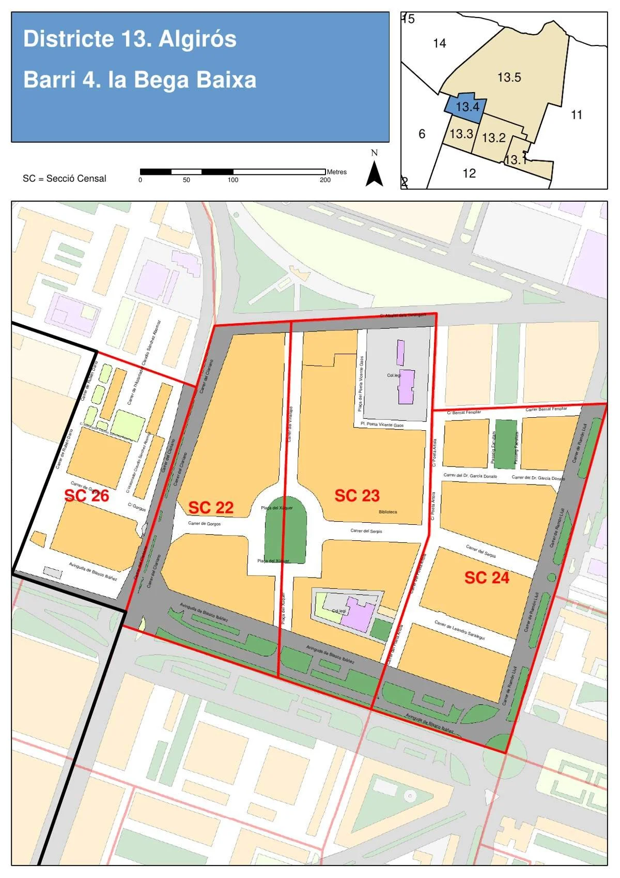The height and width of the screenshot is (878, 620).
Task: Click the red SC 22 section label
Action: (211, 507)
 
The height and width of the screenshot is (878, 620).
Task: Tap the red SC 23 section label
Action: (357, 495)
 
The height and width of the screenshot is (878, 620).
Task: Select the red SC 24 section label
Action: (487, 578)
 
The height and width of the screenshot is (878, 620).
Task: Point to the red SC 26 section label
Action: (86, 495)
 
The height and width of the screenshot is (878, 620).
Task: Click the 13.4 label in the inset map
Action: (468, 107)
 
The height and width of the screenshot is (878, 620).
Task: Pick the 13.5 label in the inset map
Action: (509, 78)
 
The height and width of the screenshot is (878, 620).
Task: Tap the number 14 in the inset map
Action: (440, 43)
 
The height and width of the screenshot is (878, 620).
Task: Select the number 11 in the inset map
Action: (577, 115)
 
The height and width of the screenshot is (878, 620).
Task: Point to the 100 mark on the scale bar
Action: (233, 180)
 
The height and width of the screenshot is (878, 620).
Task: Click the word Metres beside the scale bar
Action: (336, 172)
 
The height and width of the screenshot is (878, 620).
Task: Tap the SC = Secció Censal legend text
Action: (65, 178)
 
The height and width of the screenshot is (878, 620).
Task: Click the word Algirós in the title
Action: (197, 39)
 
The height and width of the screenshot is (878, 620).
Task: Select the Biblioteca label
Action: (388, 512)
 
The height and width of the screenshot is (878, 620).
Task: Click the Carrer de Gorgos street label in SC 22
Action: (204, 524)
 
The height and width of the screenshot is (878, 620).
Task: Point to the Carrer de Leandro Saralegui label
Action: (459, 630)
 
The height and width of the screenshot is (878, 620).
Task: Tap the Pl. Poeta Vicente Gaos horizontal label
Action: (382, 425)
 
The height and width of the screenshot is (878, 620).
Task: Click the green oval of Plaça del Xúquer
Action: (285, 533)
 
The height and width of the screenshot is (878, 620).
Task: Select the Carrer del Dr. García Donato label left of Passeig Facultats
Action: (470, 476)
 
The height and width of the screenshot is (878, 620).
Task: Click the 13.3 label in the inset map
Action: (461, 134)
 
